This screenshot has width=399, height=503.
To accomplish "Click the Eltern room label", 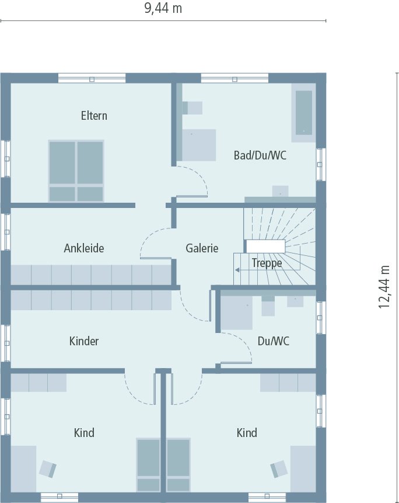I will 94,116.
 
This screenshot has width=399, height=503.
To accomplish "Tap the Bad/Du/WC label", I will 260,155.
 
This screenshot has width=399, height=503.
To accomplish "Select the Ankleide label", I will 84,248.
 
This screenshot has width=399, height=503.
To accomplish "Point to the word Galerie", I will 202,248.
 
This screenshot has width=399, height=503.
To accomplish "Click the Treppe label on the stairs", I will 267,263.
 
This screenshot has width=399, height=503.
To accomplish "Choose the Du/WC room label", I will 273,341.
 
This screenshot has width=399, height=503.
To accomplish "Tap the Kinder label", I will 84,341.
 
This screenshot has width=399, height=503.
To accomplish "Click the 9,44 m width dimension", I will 163,8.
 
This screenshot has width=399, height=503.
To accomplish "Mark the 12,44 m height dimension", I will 384,286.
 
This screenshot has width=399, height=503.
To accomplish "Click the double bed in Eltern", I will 76,171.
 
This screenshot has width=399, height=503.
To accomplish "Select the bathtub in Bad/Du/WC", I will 303,112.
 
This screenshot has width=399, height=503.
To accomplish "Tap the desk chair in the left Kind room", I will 48,468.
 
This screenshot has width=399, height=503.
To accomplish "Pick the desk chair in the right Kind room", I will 279,468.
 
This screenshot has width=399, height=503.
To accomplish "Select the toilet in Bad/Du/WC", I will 192,108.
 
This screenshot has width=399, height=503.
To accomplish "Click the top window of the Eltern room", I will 92,78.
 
